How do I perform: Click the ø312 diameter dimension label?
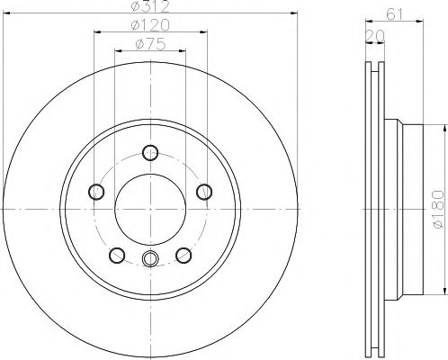point(150,6)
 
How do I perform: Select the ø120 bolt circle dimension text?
point(150,25)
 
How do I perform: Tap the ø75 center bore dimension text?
point(150,44)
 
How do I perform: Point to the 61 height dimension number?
point(394,13)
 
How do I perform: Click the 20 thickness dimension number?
point(375,36)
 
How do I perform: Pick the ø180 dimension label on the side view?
point(438,209)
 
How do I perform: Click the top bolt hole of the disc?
point(150,152)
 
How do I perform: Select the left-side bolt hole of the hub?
point(96,192)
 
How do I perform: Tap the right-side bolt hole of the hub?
point(204,192)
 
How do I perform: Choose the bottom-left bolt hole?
point(117,256)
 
